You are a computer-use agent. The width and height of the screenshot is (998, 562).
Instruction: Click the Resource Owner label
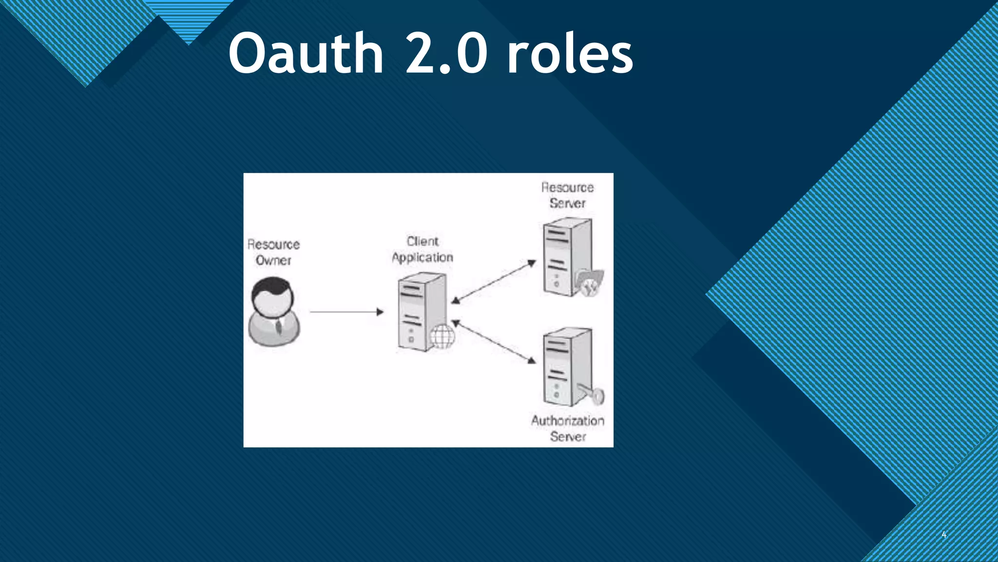click(x=273, y=252)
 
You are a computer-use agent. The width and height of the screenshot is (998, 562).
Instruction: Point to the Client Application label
click(x=422, y=249)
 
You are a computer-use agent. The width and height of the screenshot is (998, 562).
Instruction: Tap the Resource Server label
click(x=568, y=195)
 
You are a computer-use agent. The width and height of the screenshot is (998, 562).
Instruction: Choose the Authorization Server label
click(x=568, y=428)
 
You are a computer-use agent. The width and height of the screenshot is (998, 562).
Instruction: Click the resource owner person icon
click(x=274, y=312)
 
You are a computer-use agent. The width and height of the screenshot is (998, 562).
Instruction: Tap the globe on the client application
click(x=442, y=336)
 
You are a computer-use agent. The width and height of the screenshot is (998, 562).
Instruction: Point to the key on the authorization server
click(x=593, y=393)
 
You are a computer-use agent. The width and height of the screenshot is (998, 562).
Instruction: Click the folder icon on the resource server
click(x=589, y=283)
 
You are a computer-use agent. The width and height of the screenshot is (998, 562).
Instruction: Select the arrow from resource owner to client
click(x=346, y=312)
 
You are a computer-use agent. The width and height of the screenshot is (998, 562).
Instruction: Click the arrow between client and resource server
click(x=493, y=282)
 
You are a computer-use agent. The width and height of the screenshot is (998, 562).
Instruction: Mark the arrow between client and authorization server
click(x=494, y=341)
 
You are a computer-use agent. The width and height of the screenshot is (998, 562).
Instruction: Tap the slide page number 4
click(x=944, y=535)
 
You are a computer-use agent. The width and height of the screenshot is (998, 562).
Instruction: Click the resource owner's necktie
click(x=278, y=326)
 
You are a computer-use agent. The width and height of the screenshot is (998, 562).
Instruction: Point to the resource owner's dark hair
click(x=273, y=285)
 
